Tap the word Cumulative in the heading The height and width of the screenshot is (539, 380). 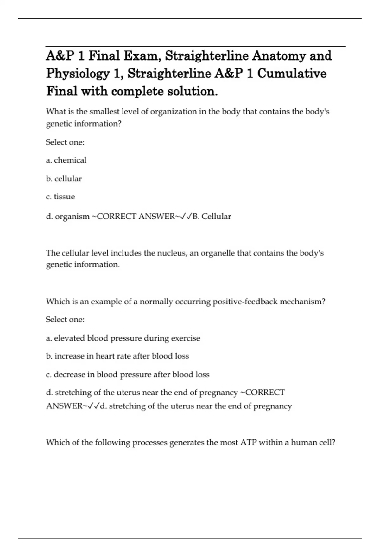(x=292, y=74)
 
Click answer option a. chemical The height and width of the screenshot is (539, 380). (x=66, y=160)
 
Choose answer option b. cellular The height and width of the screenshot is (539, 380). (x=64, y=179)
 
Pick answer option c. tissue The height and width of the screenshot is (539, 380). (x=60, y=197)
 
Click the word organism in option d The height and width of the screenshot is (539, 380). (x=72, y=217)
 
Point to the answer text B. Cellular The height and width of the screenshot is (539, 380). (x=212, y=217)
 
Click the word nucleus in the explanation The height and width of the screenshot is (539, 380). (x=171, y=253)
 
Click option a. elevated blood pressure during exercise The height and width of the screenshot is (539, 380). (x=123, y=338)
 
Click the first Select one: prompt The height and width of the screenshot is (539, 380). (x=65, y=142)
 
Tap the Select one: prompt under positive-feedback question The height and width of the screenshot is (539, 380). (x=65, y=320)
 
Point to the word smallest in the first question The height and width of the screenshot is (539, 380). (x=104, y=112)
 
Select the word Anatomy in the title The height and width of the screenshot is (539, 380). (x=279, y=56)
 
